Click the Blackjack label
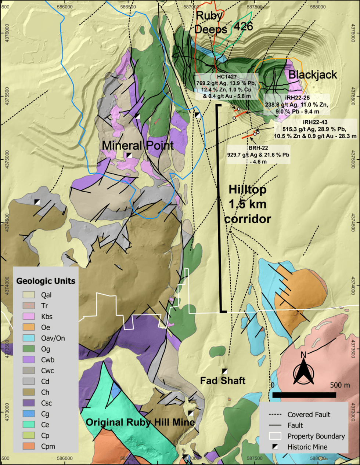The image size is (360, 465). [x=313, y=75]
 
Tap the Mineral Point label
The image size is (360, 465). [x=137, y=145]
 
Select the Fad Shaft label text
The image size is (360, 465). [x=223, y=381]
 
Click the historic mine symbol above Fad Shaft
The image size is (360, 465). [x=225, y=371]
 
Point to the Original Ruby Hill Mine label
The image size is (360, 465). [x=140, y=422]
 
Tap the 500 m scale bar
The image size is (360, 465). [x=304, y=395]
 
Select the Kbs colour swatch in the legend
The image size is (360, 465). [x=29, y=316]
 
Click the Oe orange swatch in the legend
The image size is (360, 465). [x=29, y=327]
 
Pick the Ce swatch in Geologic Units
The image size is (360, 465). [x=29, y=425]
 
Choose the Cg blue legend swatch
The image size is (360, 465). [x=29, y=414]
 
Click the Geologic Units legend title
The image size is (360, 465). [x=46, y=281]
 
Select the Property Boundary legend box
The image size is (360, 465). [x=275, y=436]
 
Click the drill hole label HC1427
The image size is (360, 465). [x=227, y=77]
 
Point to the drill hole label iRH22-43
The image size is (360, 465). [x=315, y=122]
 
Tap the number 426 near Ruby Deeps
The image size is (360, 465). [x=244, y=26]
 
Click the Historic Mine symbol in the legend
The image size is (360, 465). [x=275, y=447]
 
